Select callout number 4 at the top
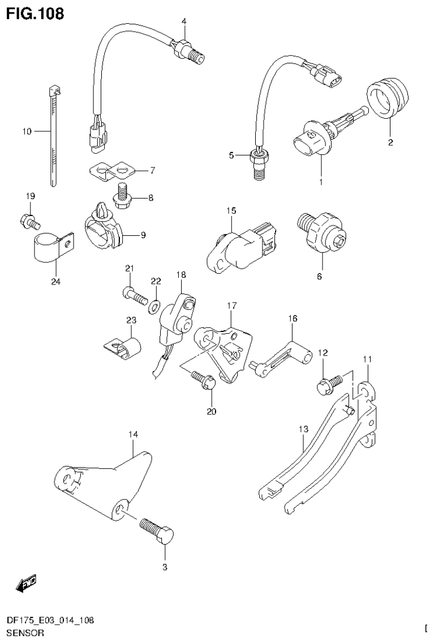click(183, 21)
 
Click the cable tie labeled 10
click(53, 136)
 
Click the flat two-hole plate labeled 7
click(110, 171)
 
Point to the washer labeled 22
click(153, 307)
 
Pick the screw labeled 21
click(134, 294)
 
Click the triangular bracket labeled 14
click(108, 481)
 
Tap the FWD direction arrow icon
click(26, 583)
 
